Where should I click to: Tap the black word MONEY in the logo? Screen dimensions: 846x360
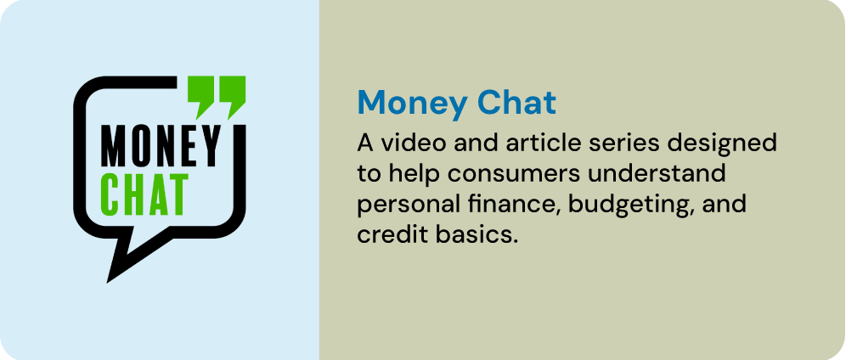161,146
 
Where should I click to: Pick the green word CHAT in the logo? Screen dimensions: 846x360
144,194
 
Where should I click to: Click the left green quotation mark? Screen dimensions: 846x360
200,96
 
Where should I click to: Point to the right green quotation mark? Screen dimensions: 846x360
232,96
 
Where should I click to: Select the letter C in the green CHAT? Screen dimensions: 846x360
110,194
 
